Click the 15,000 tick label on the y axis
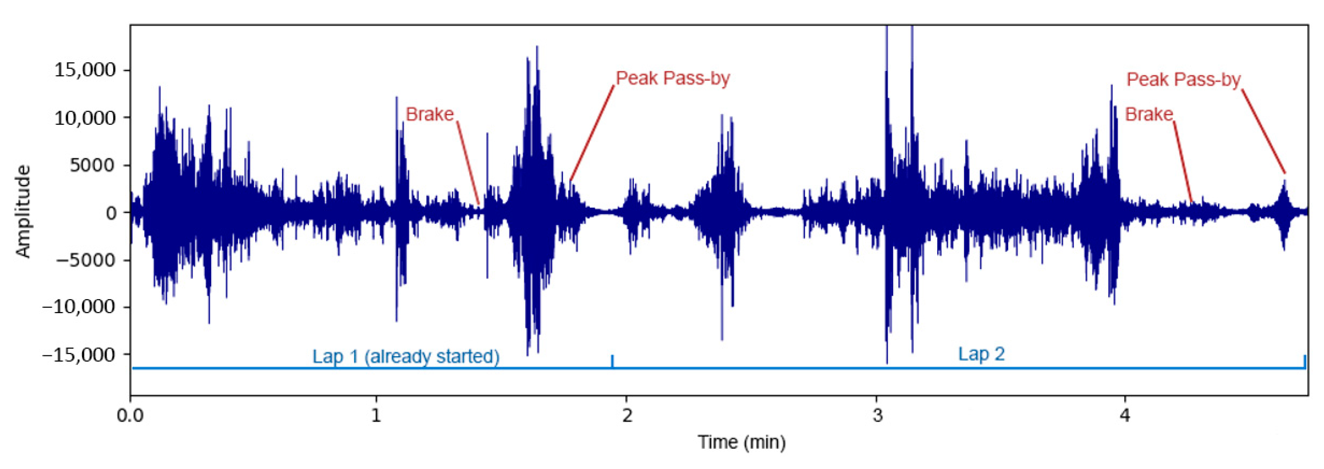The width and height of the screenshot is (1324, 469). pos(85,70)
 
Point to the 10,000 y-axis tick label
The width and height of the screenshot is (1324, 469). pos(85,117)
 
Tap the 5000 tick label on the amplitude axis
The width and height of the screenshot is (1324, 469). pos(93,165)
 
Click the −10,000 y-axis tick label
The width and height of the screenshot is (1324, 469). pos(79,307)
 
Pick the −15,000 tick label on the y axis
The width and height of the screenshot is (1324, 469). pos(79,355)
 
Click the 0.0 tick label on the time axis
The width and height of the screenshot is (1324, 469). pos(130,414)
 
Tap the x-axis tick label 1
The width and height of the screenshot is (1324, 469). pos(377,414)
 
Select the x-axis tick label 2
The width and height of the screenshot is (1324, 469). pos(627,414)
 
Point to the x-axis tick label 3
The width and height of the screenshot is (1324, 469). pos(877,414)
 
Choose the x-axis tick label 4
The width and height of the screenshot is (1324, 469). pos(1125,414)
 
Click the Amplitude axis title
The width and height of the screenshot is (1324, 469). pos(23,211)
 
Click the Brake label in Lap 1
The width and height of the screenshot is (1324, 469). pos(429,114)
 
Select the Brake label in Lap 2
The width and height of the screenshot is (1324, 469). pos(1149,114)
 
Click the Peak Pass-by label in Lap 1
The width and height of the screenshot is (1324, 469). pos(673,78)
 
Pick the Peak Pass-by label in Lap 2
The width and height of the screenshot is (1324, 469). pos(1184,80)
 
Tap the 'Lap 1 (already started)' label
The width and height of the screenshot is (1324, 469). pos(406,356)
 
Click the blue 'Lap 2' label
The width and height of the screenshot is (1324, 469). pos(981,354)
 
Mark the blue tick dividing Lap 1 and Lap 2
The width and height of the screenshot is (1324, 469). pos(612,361)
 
